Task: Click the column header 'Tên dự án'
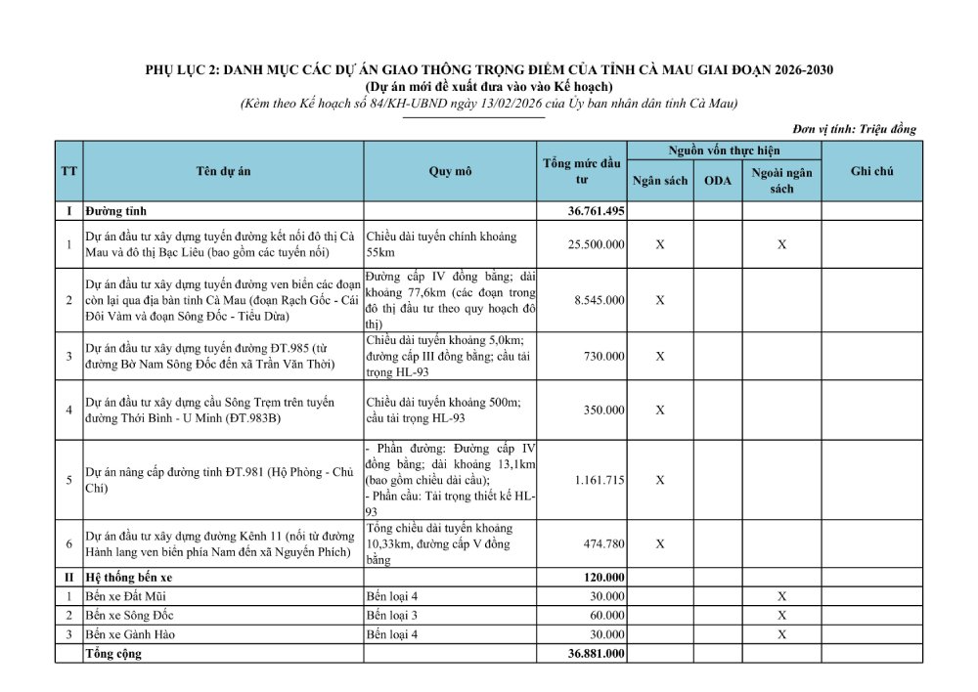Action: pyautogui.click(x=223, y=171)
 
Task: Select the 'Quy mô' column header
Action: pyautogui.click(x=450, y=171)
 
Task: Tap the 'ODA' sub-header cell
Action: pyautogui.click(x=718, y=181)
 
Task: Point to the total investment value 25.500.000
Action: pyautogui.click(x=596, y=244)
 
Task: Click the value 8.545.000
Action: pyautogui.click(x=599, y=300)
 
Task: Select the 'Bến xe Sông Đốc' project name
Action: pyautogui.click(x=126, y=616)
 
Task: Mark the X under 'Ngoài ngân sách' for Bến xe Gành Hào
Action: pyautogui.click(x=781, y=634)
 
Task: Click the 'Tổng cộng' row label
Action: pyautogui.click(x=113, y=654)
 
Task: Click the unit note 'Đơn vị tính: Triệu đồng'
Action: pyautogui.click(x=854, y=129)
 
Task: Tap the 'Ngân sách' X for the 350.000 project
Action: pyautogui.click(x=660, y=410)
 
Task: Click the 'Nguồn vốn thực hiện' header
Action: pyautogui.click(x=724, y=151)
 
